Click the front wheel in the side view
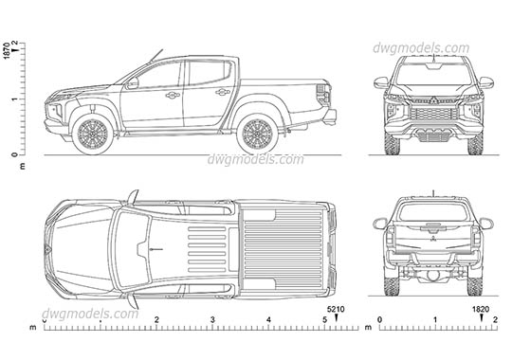coord(94,135)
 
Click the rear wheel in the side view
coord(255,135)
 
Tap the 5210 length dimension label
coord(336,310)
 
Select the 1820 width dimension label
coord(482,310)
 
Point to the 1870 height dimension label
coord(8,52)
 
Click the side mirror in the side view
coord(133,83)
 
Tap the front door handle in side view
coord(173,95)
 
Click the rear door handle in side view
coord(223,92)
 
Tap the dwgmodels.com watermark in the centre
coord(256,159)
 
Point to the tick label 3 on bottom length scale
coord(212,321)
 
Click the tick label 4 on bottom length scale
coord(268,321)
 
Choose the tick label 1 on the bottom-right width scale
coord(437,321)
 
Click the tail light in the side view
coord(322,96)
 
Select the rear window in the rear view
coord(432,212)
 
